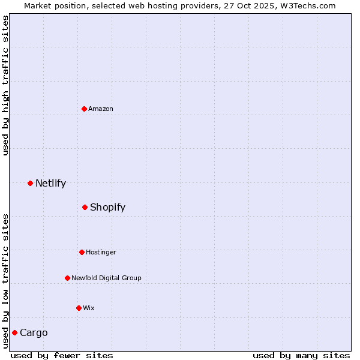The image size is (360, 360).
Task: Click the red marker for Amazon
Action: coord(84,109)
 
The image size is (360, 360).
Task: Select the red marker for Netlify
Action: coord(30,183)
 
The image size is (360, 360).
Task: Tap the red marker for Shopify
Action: coord(85,207)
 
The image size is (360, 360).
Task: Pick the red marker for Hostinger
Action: coord(82,252)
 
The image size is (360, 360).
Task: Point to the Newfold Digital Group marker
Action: coord(67,278)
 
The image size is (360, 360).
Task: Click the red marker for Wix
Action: coord(79,308)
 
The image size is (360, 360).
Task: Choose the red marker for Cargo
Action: coord(14,332)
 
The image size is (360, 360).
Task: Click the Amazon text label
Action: coord(101,109)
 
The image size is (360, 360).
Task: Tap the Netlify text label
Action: coord(51,183)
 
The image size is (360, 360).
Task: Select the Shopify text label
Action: coord(108,207)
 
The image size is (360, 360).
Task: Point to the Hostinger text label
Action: coord(101,252)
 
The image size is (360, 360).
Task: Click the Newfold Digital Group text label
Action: coord(107,278)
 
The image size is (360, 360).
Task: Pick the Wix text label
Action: coord(89,308)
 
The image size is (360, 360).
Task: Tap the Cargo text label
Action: coord(34,332)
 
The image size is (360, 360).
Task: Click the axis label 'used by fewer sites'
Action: coord(62,355)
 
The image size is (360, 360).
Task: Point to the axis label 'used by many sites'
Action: coord(301,355)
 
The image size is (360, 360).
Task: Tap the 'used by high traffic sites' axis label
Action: coord(5,85)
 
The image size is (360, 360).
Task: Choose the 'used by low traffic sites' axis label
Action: coord(5,280)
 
